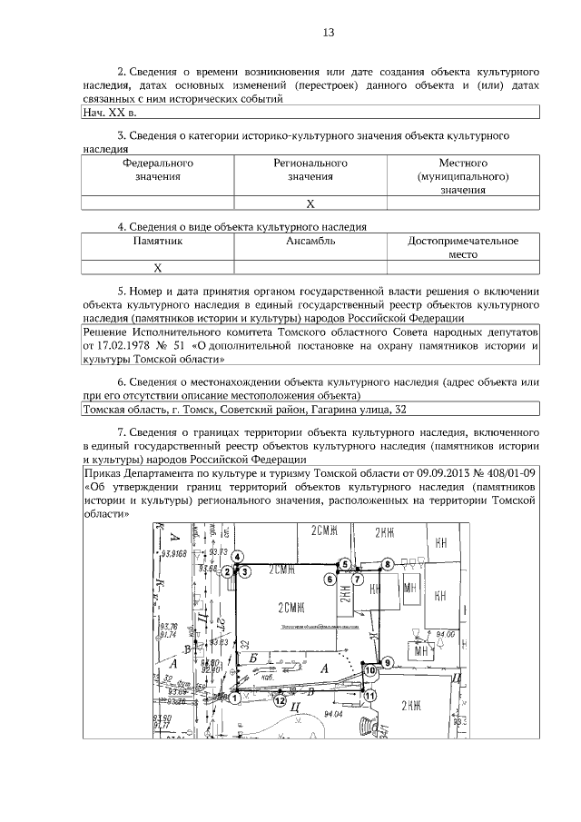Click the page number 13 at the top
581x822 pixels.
pos(329,34)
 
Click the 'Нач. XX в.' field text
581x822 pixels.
pos(109,114)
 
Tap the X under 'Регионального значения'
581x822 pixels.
pos(310,203)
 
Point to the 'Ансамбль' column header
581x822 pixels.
pos(310,242)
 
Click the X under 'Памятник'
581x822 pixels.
pos(157,268)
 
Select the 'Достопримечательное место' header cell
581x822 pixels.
pos(463,248)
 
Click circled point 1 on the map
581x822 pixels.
pos(234,698)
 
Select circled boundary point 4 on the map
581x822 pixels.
pos(236,556)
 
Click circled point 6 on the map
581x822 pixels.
pos(330,578)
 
